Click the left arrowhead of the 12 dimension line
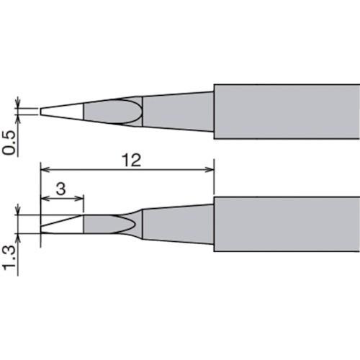coord(44,170)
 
